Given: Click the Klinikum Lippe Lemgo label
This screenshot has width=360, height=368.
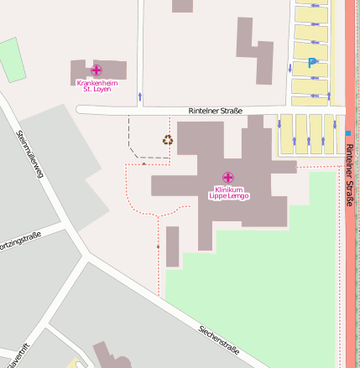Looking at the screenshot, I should (228, 193).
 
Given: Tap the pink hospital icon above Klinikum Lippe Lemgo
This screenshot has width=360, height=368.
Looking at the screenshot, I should (227, 178).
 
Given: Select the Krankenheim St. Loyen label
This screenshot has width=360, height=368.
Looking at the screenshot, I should (97, 86).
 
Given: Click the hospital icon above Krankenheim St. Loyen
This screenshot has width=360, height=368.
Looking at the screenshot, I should (97, 70).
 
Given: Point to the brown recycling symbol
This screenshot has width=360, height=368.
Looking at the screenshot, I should (168, 140).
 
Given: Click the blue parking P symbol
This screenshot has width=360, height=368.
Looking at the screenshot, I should (312, 62).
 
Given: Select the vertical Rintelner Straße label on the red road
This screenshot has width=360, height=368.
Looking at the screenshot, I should (349, 172).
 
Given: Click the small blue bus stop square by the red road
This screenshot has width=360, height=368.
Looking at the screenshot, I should (347, 132).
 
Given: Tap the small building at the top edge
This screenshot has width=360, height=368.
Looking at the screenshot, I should (182, 6).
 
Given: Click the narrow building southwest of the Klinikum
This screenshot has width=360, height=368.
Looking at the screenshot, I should (172, 246).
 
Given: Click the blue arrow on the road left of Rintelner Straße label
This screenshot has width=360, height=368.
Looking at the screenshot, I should (139, 97).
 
